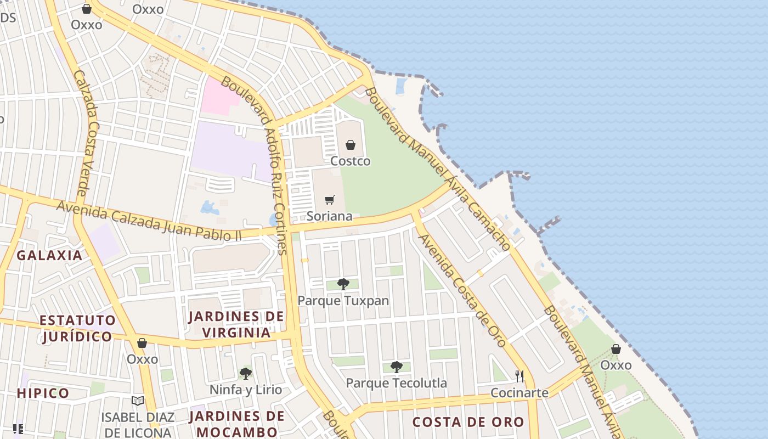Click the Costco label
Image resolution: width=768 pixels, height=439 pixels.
350,161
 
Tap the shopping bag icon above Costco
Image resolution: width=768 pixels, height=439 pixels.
350,145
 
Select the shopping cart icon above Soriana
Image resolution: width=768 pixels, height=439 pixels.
329,200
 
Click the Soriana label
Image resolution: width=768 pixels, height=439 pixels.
329,216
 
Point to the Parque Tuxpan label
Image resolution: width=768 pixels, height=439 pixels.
343,301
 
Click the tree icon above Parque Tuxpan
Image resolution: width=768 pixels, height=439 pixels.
343,284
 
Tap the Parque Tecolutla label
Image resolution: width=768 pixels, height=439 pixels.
396,383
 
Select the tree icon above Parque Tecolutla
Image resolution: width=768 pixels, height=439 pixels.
396,367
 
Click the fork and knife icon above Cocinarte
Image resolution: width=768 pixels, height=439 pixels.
519,376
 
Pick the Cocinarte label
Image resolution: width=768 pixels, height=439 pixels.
519,393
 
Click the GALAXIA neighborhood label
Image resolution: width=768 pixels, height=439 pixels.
49,255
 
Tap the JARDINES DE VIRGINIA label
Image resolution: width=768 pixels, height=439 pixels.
236,324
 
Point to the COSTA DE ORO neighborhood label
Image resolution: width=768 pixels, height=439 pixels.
468,422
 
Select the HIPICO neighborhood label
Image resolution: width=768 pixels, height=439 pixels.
43,393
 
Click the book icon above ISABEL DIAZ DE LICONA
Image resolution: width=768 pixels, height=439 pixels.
138,401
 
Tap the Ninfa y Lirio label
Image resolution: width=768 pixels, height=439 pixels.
246,390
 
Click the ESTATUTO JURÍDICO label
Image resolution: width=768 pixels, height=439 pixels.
77,328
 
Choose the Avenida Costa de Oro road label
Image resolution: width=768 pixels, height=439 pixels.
462,290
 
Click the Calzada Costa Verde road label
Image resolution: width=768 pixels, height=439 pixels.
86,132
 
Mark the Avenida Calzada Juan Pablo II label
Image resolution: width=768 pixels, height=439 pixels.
149,221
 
